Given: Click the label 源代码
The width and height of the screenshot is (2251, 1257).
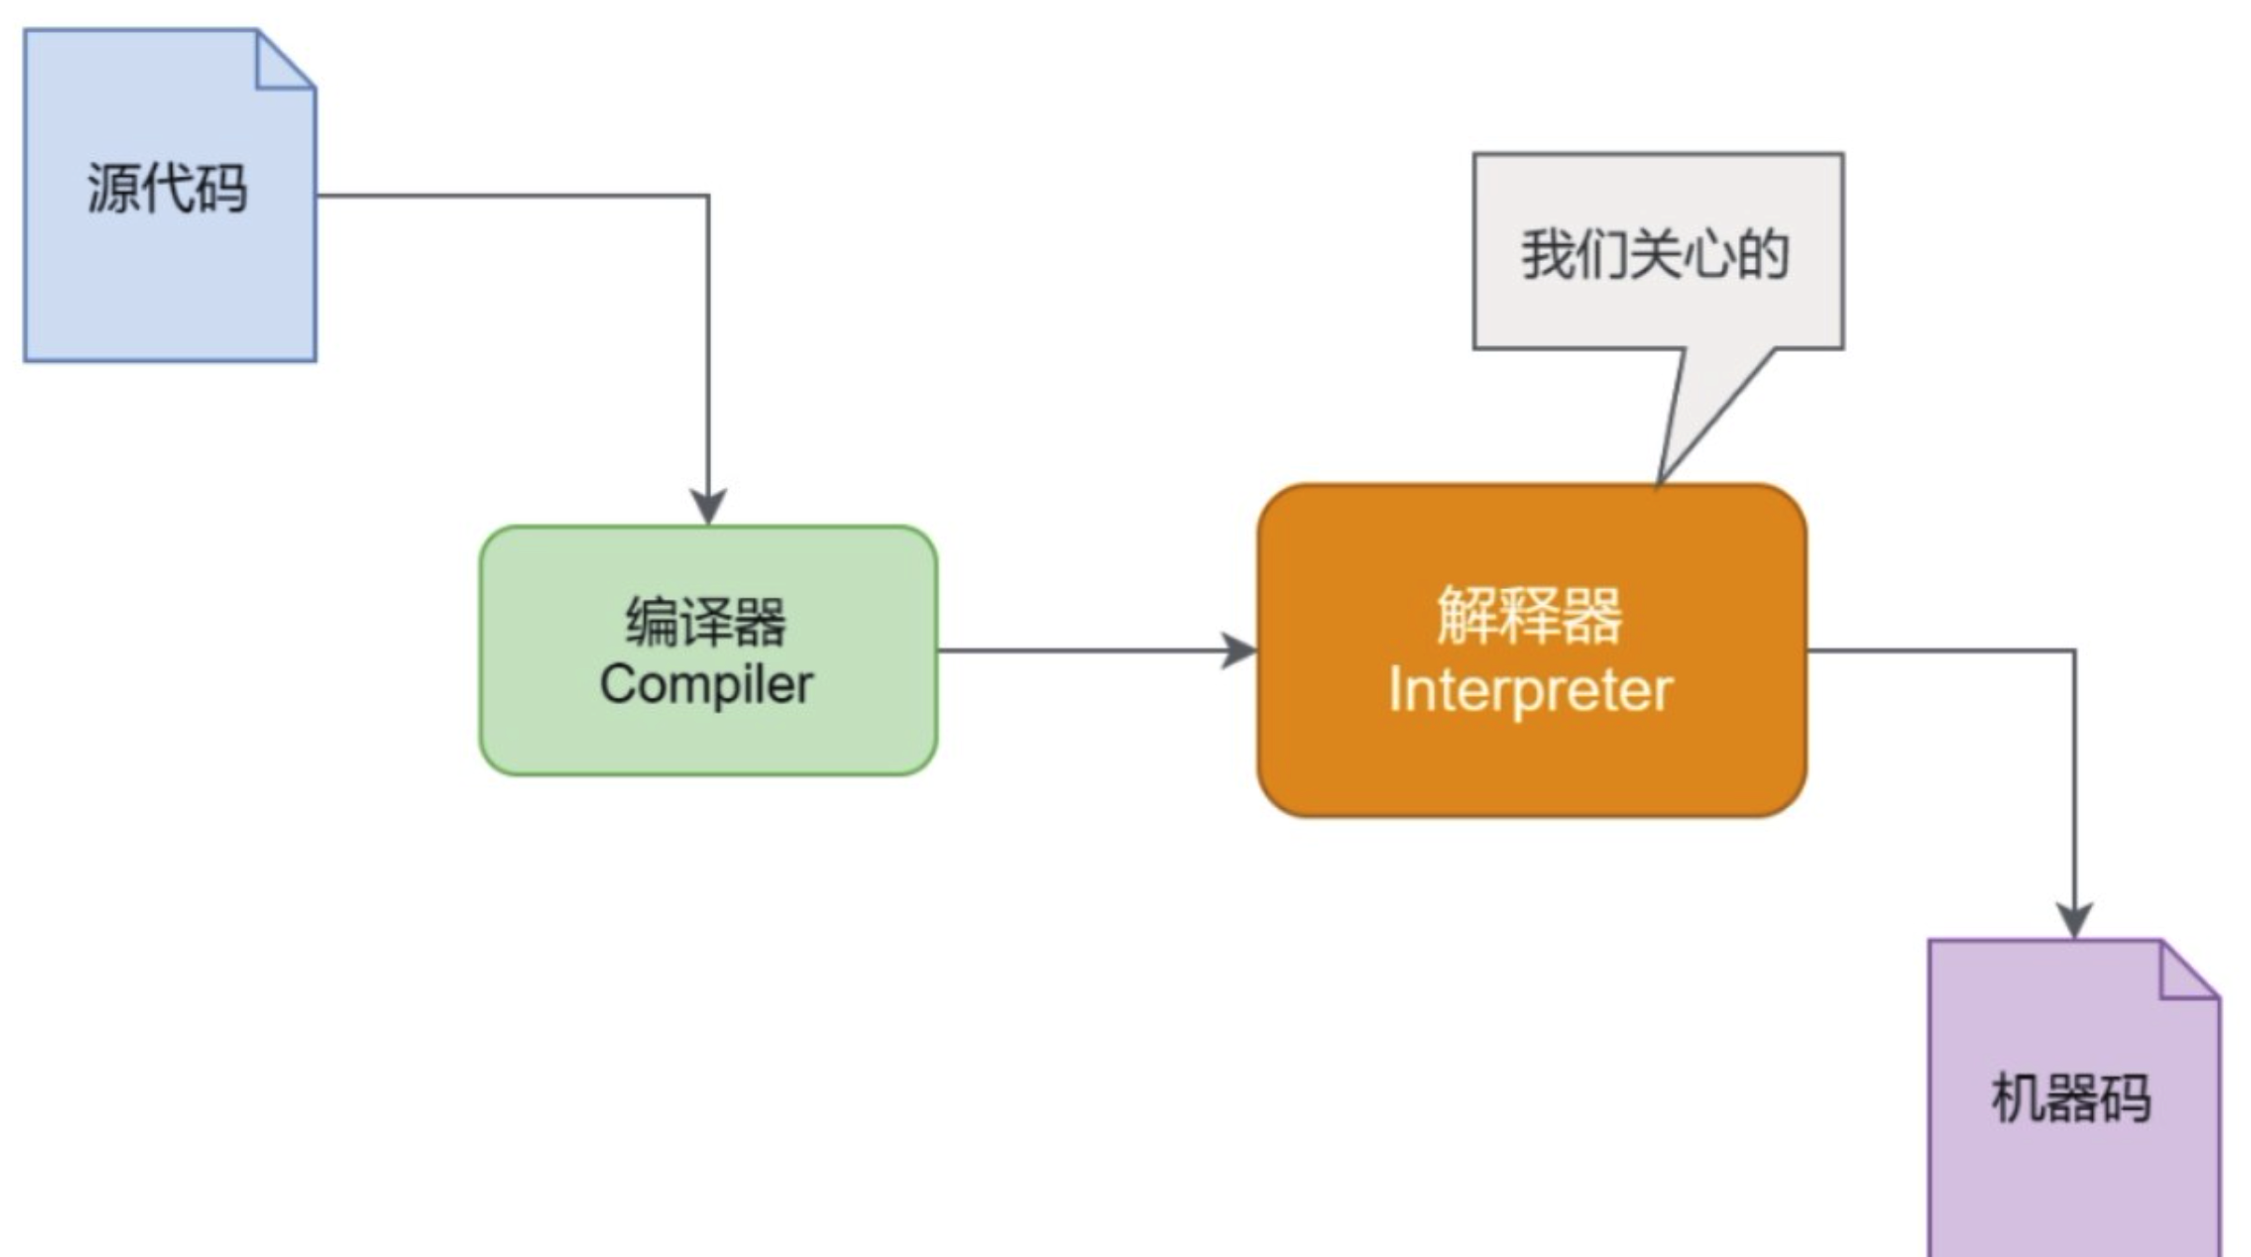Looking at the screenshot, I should (167, 188).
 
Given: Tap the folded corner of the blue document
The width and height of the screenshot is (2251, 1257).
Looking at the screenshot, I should (281, 63).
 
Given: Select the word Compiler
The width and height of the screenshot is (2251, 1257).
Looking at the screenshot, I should (706, 685).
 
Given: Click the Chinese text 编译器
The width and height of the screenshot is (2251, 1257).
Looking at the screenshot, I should (706, 621).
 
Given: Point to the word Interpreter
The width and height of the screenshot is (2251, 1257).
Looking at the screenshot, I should (1531, 691).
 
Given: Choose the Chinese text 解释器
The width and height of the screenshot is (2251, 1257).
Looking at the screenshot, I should (1531, 616).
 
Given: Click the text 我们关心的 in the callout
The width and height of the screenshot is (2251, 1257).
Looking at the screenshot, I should (1655, 253).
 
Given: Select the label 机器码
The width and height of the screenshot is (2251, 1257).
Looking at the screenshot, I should (2071, 1098).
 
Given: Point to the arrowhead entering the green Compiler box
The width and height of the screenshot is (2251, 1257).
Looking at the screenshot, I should (708, 508).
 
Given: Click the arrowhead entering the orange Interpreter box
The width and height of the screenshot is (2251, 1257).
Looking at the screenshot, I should (1240, 651).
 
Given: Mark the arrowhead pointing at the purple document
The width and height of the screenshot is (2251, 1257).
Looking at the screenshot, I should (2075, 920).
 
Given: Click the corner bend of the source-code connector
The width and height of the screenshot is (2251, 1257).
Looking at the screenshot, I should (708, 196).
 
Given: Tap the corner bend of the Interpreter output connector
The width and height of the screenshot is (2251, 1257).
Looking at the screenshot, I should (2075, 651).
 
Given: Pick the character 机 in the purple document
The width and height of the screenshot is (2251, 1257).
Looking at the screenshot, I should (2017, 1098).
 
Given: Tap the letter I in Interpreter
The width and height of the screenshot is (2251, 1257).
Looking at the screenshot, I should (1394, 691).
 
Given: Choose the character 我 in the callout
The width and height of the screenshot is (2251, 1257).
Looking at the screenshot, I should (1547, 253).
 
